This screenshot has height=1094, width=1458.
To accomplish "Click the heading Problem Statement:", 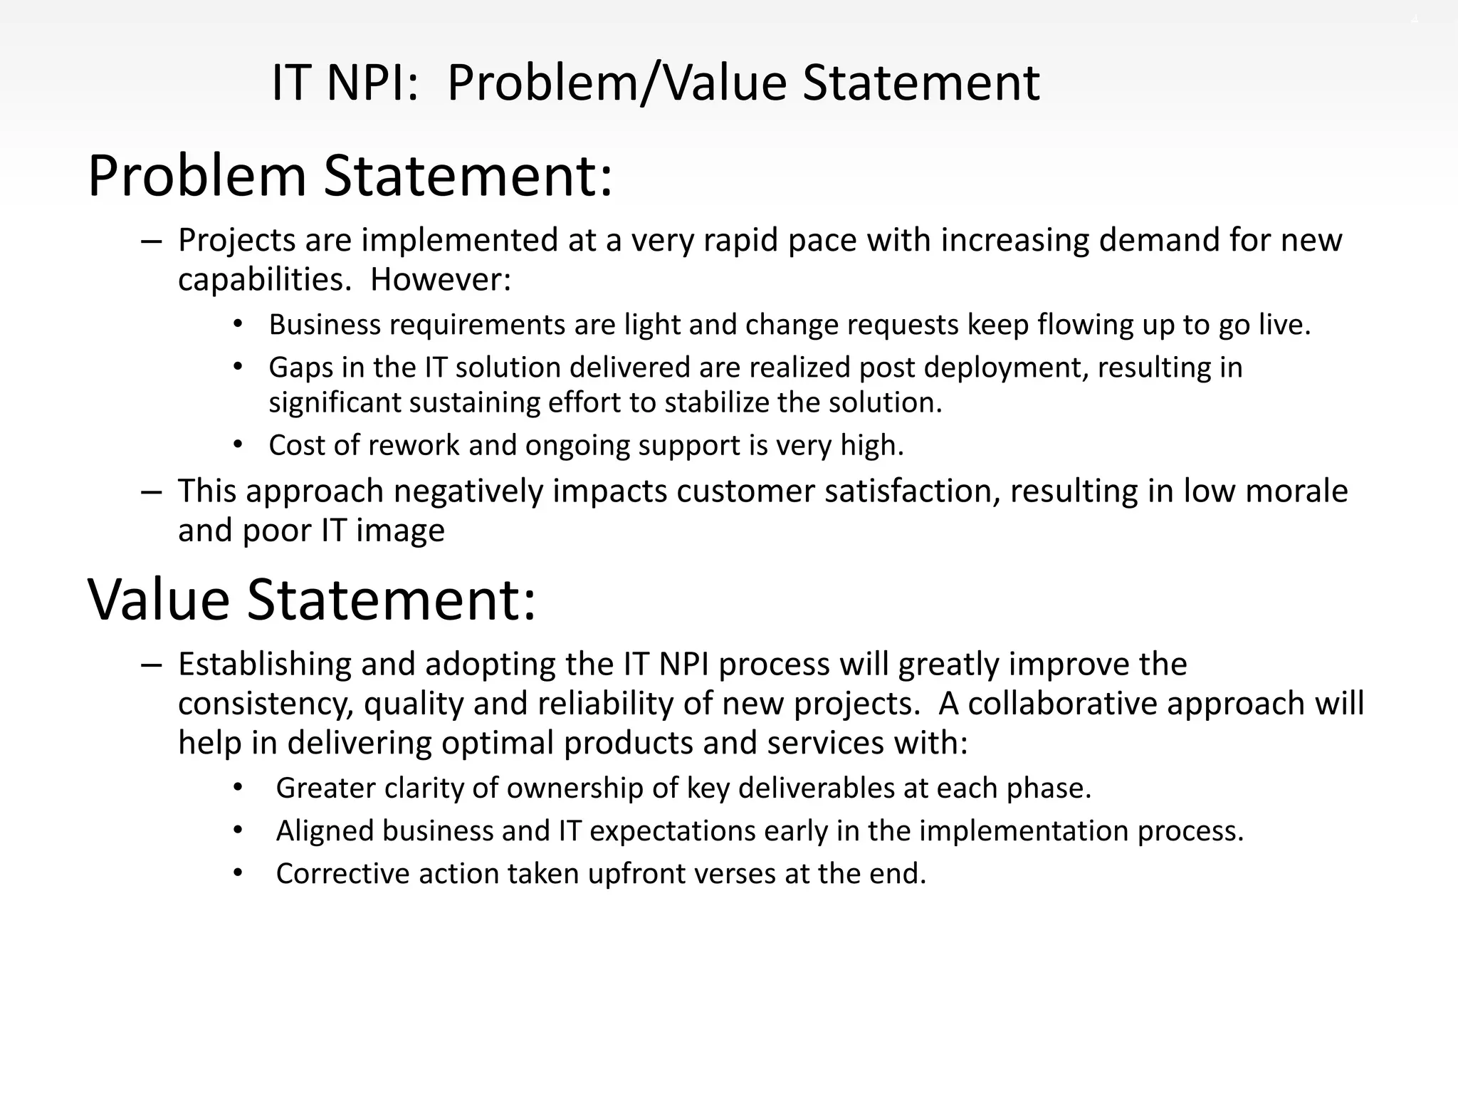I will tap(350, 176).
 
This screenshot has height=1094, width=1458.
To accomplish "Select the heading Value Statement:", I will tap(311, 600).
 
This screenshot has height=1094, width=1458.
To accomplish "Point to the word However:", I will tap(441, 279).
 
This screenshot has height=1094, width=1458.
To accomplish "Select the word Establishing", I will tap(264, 665).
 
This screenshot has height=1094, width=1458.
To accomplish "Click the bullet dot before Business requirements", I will tap(238, 325).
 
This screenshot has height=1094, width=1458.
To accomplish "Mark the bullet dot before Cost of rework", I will tap(238, 445).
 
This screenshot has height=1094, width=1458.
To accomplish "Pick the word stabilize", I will tap(717, 403).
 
